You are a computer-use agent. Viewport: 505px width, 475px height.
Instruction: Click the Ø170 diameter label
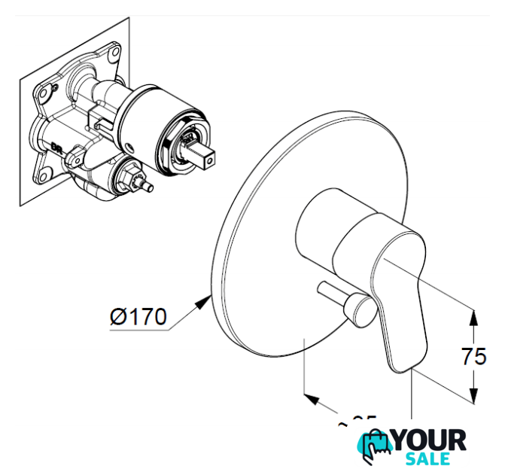[x=138, y=317]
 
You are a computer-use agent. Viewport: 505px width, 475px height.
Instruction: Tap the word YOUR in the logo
[x=430, y=443]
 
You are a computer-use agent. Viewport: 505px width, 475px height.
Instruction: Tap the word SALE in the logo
[x=428, y=459]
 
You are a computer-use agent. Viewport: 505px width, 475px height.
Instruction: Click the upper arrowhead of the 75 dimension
[x=473, y=316]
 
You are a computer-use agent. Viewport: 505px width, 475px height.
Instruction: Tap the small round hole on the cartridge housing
[x=134, y=145]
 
